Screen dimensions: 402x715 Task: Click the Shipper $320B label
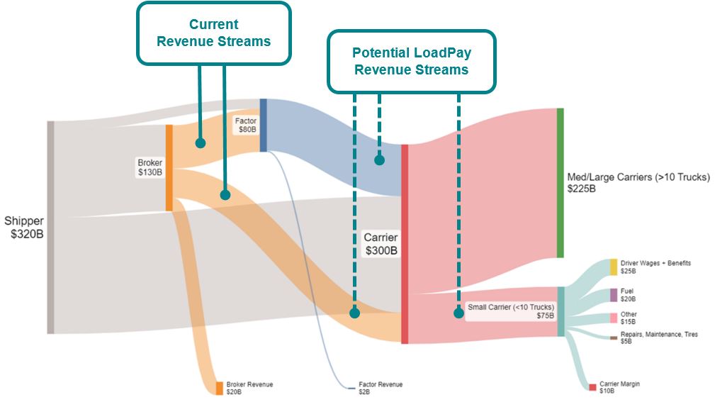point(24,227)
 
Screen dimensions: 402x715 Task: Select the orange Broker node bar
point(169,168)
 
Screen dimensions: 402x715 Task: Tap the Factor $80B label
point(246,125)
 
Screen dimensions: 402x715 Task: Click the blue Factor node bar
point(263,125)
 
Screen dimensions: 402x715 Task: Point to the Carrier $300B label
point(381,243)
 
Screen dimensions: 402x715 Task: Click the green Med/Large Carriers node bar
point(560,183)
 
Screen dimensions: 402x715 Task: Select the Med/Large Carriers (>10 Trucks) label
point(638,183)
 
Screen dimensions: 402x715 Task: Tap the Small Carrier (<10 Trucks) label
point(511,311)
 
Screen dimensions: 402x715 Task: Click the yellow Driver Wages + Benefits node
point(614,267)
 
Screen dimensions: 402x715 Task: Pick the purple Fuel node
point(614,295)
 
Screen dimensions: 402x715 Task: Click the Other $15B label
point(629,318)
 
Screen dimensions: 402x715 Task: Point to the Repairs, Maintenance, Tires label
point(658,337)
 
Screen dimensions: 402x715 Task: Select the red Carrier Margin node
point(592,387)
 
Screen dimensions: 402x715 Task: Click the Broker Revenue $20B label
point(249,388)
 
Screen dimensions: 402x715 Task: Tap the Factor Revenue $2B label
point(380,388)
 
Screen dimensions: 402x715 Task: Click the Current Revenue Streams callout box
point(213,33)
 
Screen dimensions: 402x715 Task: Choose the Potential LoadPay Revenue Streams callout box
point(411,62)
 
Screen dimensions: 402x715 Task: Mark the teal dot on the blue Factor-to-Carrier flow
point(379,160)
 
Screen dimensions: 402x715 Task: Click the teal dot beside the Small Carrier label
point(458,313)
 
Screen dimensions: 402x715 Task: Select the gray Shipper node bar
point(50,227)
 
